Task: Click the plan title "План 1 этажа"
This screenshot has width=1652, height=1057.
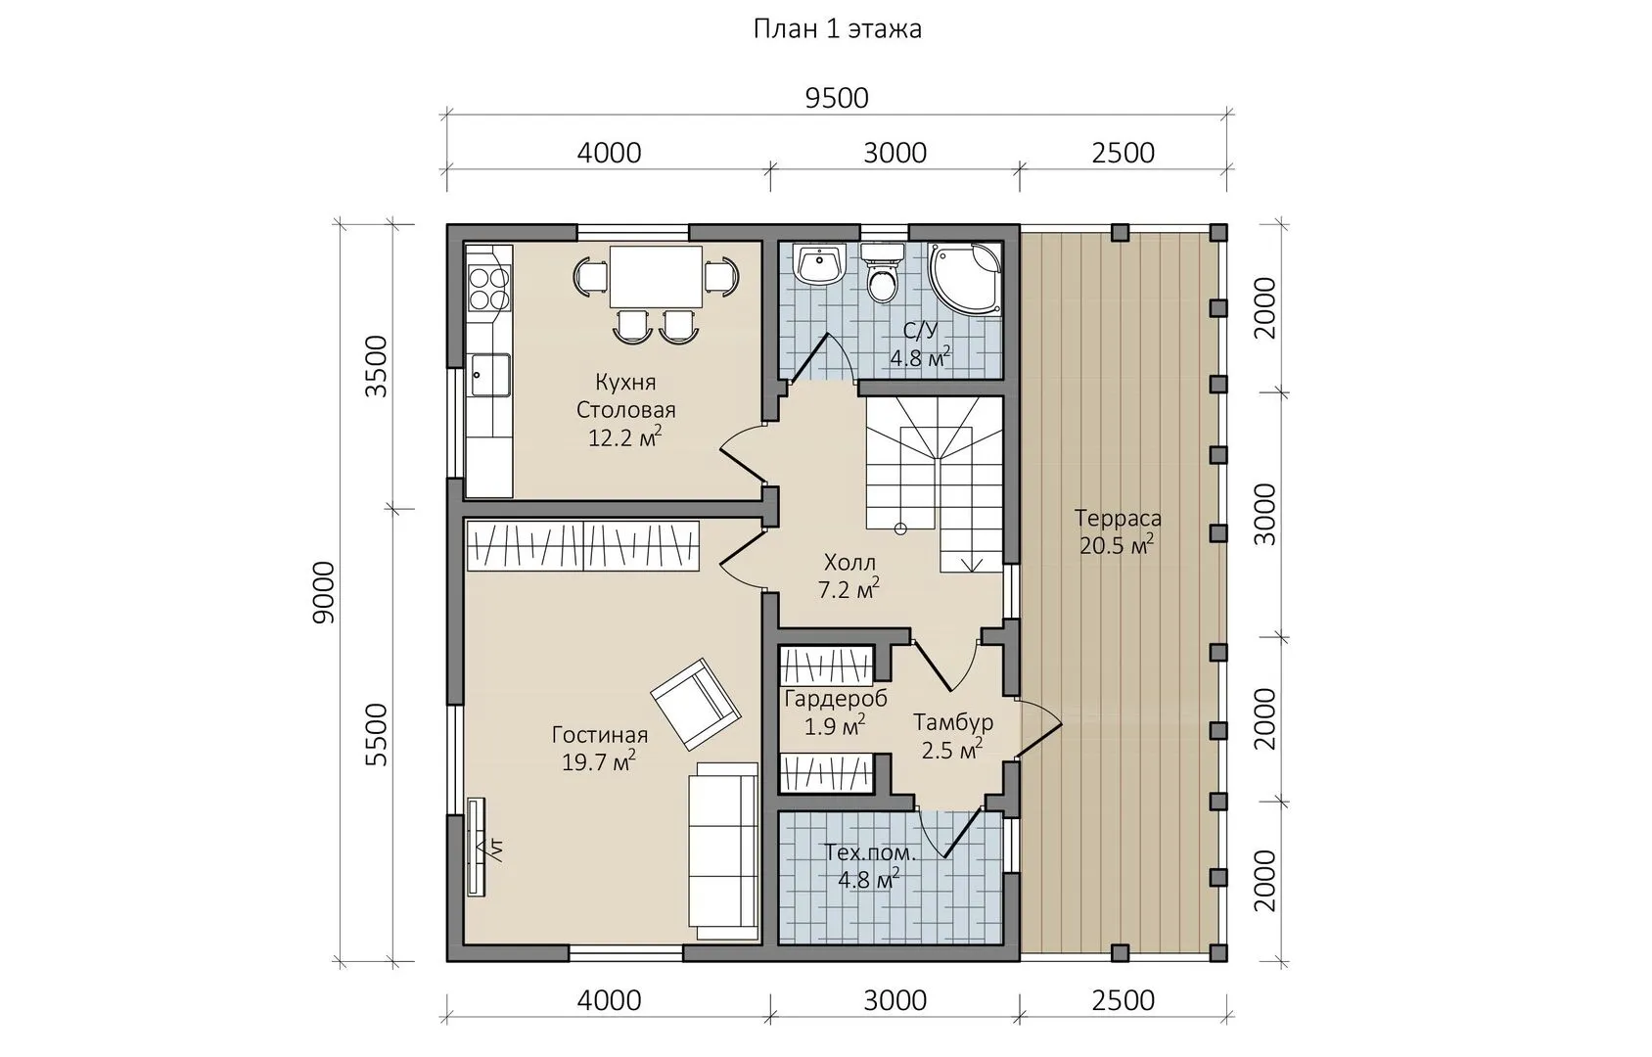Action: click(x=837, y=29)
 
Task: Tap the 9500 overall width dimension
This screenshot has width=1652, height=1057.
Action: click(x=837, y=98)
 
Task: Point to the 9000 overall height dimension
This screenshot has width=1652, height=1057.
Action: click(x=324, y=592)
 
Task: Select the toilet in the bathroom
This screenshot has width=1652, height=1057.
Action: click(x=882, y=274)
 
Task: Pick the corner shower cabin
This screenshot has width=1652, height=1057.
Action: click(x=965, y=280)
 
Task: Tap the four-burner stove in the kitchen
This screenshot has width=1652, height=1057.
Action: click(x=489, y=289)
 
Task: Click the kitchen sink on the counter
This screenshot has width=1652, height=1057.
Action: click(x=489, y=376)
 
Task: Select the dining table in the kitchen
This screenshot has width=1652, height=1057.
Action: click(x=656, y=277)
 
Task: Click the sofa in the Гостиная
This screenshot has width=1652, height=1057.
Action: click(x=723, y=851)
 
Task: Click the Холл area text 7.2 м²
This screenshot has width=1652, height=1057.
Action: click(x=849, y=589)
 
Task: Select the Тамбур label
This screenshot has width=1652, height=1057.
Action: click(x=953, y=721)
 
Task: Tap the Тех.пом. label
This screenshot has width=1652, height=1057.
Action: click(x=870, y=853)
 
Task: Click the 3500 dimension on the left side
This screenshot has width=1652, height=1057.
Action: click(x=376, y=366)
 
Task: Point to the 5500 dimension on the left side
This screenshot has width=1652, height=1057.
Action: click(x=376, y=735)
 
